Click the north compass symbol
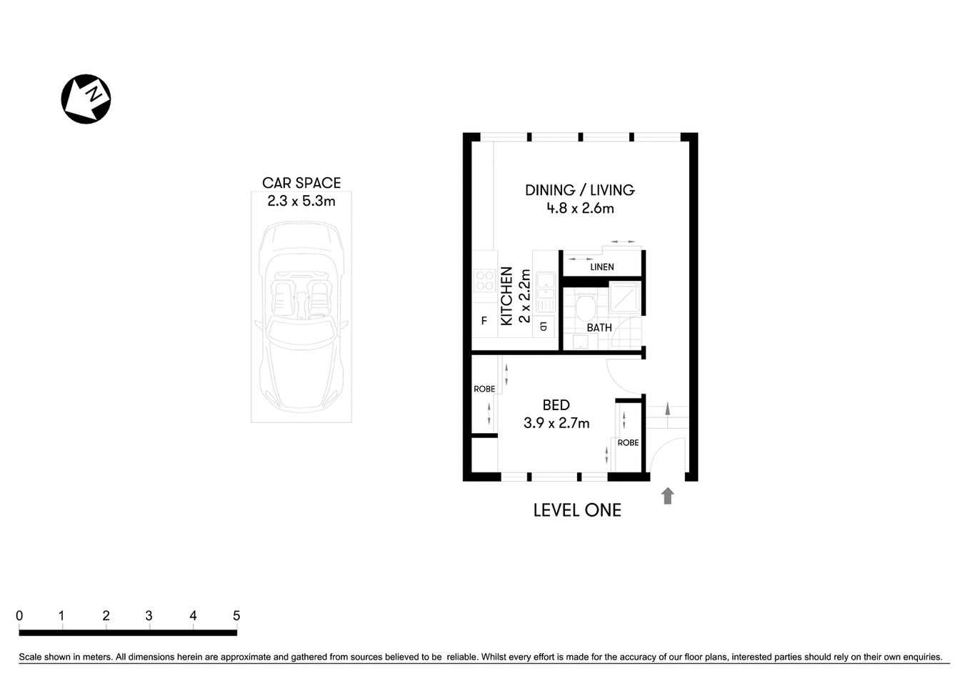point(86,99)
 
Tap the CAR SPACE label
point(301,183)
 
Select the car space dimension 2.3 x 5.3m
point(301,202)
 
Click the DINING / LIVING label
point(579,190)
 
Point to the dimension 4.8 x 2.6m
point(580,209)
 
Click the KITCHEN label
point(506,296)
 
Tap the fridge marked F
point(484,322)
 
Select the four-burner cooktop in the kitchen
point(485,280)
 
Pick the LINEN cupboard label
point(601,267)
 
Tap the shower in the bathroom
point(625,297)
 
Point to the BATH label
point(599,328)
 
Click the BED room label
point(556,405)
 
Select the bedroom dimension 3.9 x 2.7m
point(556,423)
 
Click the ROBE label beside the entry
point(628,443)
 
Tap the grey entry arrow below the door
point(667,496)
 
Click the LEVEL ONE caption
point(577,510)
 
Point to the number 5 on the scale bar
point(236,616)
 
